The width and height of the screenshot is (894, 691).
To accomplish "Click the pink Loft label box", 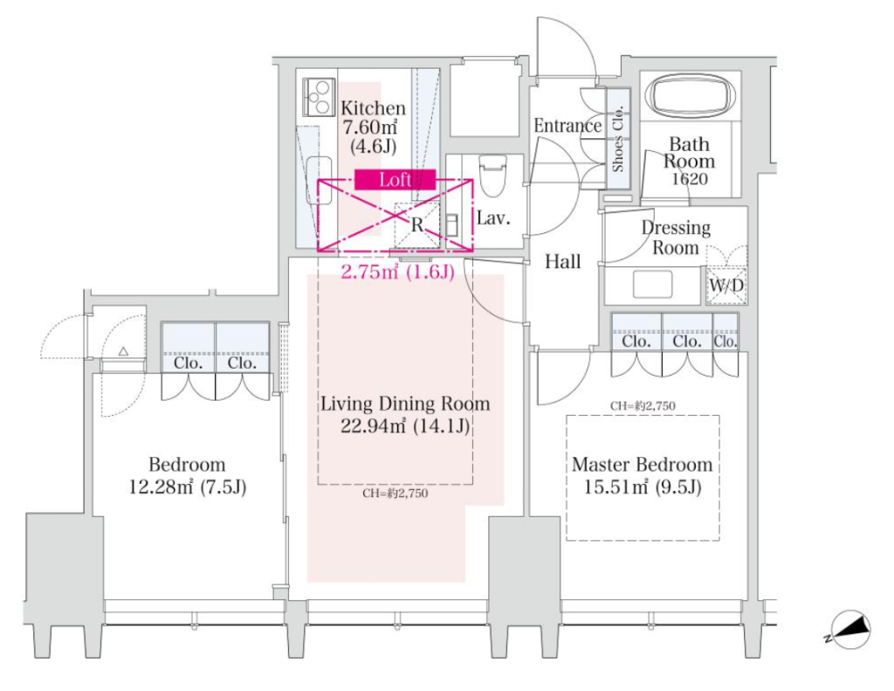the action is pos(395,180).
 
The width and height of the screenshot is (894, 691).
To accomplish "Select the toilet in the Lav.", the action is pos(492,176).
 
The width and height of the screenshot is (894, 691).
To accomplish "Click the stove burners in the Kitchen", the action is pos(318,96).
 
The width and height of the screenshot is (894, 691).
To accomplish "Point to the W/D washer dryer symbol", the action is pos(726,285).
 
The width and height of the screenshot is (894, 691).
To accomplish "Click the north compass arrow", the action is pos(849,630).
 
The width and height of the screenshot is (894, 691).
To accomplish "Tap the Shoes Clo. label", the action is pos(617,139).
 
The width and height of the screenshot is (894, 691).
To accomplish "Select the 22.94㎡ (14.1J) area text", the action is pos(405,425).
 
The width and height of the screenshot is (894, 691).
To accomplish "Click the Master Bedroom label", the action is pos(642,465).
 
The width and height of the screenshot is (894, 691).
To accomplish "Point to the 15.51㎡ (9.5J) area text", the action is pos(642,487).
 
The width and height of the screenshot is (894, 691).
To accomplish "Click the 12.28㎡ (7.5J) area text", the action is pos(188,487).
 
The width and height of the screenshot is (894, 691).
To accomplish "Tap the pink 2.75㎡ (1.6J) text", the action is pos(397,273).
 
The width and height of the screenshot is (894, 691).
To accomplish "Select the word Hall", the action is pos(563,262).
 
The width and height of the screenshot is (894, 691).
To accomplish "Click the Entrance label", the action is pos(567,126).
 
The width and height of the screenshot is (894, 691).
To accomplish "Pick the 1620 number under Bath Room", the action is pos(690,179).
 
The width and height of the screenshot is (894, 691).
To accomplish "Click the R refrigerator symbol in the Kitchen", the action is pos(417,225).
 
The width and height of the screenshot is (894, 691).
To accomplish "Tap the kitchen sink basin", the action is pos(320,180).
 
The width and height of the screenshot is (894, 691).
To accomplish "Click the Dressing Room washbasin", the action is pos(652,284).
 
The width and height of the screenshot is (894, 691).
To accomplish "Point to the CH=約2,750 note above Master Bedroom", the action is pos(643,405).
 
